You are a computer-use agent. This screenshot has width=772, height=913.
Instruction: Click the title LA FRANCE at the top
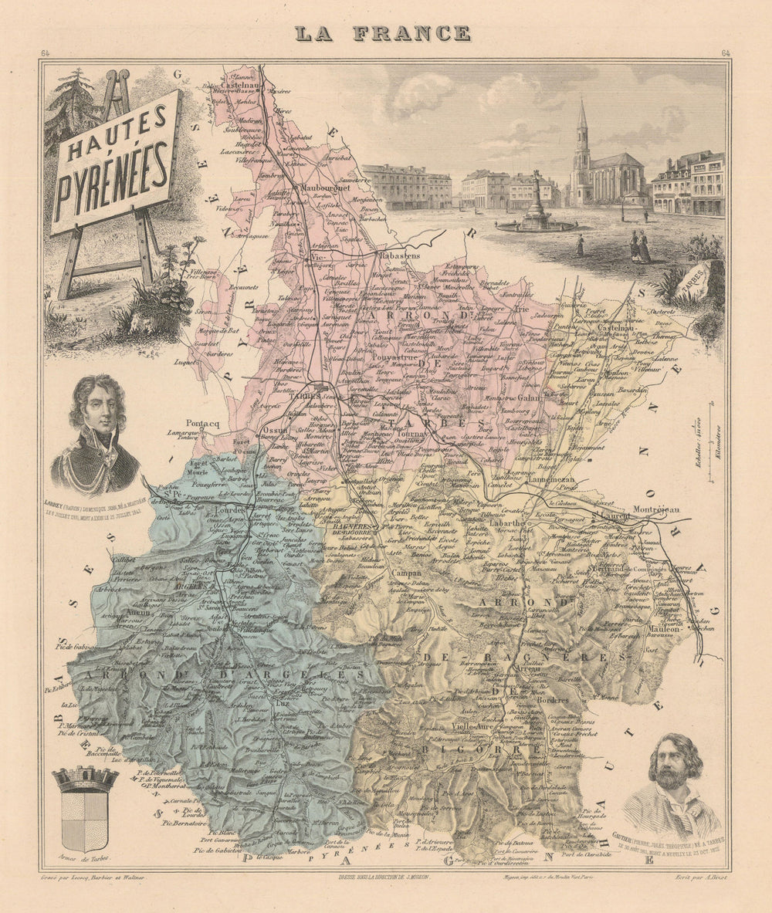coord(381,33)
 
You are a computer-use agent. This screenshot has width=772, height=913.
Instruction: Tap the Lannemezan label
coord(551,481)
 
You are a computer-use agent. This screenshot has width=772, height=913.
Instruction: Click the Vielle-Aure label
coord(473,727)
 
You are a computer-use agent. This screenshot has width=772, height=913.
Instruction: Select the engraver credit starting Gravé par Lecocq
coord(94,877)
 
